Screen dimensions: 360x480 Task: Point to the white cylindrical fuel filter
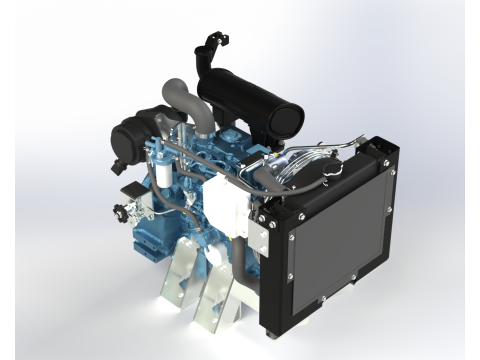pos(159,180)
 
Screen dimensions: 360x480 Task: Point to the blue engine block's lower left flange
pos(139,244)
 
